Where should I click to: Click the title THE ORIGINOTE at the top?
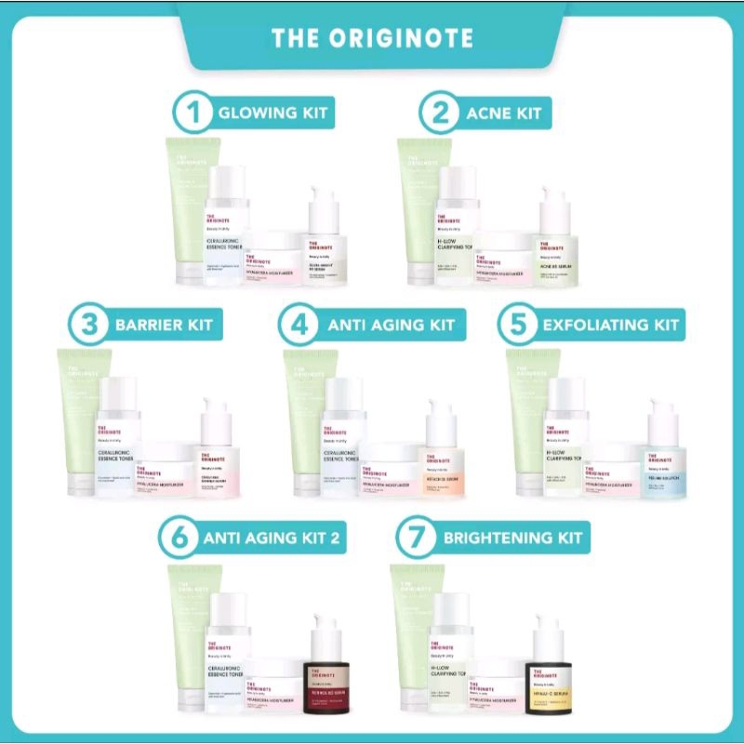coord(372,38)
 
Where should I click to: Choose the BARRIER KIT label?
coord(163,325)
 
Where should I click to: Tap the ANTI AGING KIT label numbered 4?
coord(391,325)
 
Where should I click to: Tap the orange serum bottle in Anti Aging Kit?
coord(440,456)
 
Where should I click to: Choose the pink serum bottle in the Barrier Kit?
coord(219,456)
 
